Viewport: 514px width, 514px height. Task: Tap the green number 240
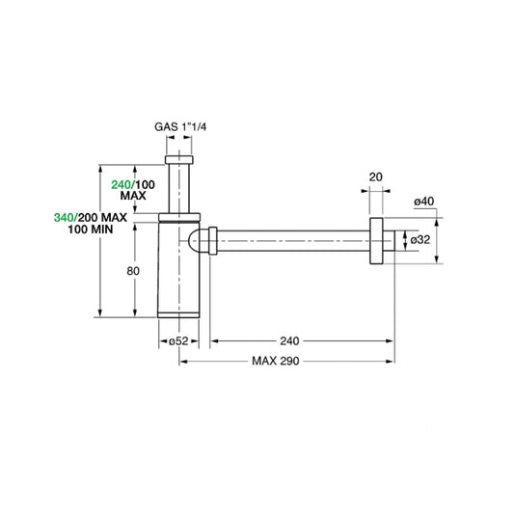[122, 184]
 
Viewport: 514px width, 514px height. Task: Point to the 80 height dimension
[134, 271]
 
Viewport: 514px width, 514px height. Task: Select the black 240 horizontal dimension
[289, 340]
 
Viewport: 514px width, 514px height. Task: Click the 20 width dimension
[375, 176]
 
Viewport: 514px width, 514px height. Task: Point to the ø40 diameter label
[424, 201]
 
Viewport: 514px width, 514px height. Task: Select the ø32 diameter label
[420, 239]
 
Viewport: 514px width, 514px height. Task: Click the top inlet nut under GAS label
[180, 158]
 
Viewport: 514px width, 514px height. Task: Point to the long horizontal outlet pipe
[289, 240]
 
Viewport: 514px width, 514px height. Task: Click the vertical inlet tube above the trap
[180, 188]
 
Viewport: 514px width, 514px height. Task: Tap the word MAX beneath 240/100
[133, 196]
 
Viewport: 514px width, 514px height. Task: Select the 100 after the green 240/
[145, 184]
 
